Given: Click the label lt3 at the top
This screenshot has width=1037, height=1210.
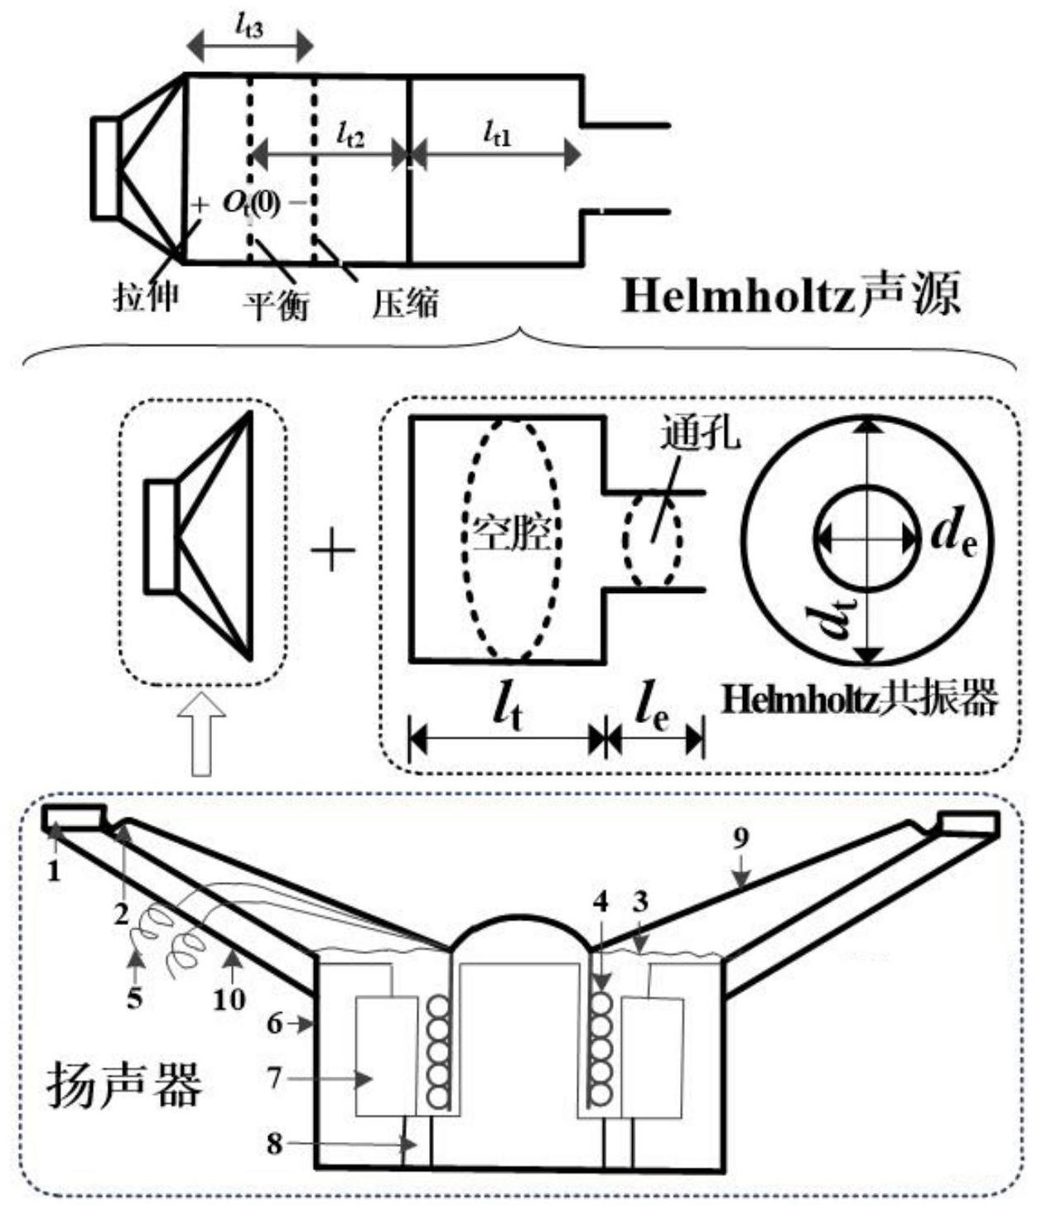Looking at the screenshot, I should point(248,27).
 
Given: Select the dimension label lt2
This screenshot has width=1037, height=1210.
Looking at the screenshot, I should point(350,134).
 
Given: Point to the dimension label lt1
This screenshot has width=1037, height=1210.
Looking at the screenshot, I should point(497,133).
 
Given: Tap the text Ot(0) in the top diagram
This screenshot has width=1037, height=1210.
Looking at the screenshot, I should point(252,203).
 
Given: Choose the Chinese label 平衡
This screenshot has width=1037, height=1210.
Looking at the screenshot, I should point(276,305).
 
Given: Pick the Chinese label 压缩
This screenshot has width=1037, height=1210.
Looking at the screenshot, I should point(405,303).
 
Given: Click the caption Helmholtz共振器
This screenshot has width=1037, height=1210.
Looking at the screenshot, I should point(860,698).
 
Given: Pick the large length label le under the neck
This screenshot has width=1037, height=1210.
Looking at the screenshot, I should point(651,707).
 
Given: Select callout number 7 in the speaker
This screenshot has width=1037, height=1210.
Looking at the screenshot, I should point(274,1077).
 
